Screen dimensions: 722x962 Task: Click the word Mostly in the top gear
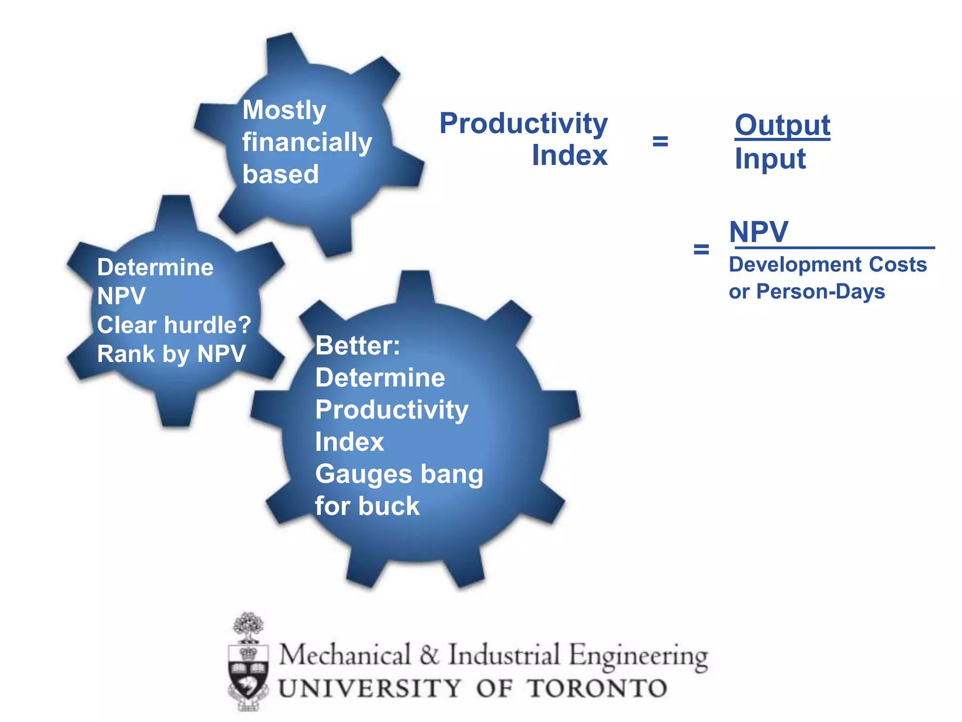[x=284, y=110]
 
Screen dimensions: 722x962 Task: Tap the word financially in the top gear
[x=307, y=142]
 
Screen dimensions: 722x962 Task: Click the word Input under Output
[x=770, y=159]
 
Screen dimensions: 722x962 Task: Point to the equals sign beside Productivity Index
[x=660, y=141]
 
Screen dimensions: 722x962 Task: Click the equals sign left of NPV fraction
[x=701, y=249]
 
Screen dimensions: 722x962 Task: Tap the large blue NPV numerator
[x=758, y=232]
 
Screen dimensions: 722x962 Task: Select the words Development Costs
[x=828, y=265]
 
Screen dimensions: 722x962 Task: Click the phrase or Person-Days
[x=807, y=292]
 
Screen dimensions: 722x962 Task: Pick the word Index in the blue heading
[x=569, y=156]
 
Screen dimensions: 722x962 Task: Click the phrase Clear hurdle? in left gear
[x=174, y=325]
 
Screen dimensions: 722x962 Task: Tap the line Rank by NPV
[x=171, y=354]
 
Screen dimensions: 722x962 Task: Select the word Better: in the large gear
[x=357, y=346]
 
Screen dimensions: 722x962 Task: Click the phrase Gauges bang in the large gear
[x=399, y=474]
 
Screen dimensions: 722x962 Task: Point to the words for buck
[x=367, y=506]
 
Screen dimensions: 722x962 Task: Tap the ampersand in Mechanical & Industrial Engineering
[x=429, y=655]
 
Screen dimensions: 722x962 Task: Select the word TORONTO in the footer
[x=597, y=689]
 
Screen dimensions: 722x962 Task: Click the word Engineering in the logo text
[x=638, y=656]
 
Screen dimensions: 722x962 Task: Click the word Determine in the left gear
[x=155, y=267]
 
